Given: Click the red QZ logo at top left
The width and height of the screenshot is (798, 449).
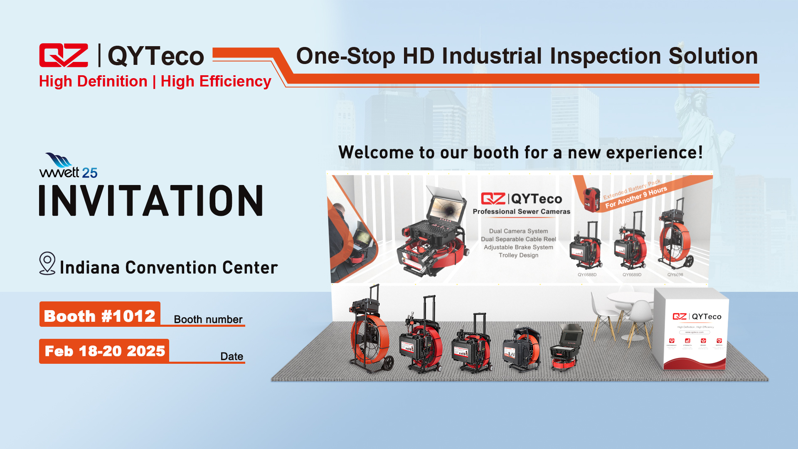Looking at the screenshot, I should point(64,55).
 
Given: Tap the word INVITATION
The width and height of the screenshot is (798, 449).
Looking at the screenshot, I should point(151,201).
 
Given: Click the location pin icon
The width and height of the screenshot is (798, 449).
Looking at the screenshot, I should point(47,263).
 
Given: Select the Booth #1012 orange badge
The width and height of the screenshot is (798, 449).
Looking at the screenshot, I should point(100,315).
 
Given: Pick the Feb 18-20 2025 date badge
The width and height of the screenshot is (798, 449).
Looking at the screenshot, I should point(104,351).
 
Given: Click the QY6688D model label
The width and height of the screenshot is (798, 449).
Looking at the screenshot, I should point(587,275).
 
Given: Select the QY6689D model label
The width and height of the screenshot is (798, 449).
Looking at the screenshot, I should point(632,275).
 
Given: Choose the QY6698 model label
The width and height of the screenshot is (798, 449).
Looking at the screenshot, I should point(675,275).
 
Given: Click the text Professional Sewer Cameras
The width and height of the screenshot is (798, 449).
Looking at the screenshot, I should point(521,212).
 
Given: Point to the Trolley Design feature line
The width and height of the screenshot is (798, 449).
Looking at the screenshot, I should point(518,255).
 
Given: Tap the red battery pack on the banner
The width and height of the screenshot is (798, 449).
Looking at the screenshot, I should point(591,199).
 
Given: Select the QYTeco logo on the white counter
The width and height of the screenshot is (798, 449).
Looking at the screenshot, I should point(697,317).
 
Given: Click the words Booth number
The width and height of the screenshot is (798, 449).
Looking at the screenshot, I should point(208,319).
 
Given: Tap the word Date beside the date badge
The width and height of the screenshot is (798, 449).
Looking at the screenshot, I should point(232,356).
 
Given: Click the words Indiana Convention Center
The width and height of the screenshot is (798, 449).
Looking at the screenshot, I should point(169,268).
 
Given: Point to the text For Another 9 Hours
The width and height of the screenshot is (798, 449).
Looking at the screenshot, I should point(636,197).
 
